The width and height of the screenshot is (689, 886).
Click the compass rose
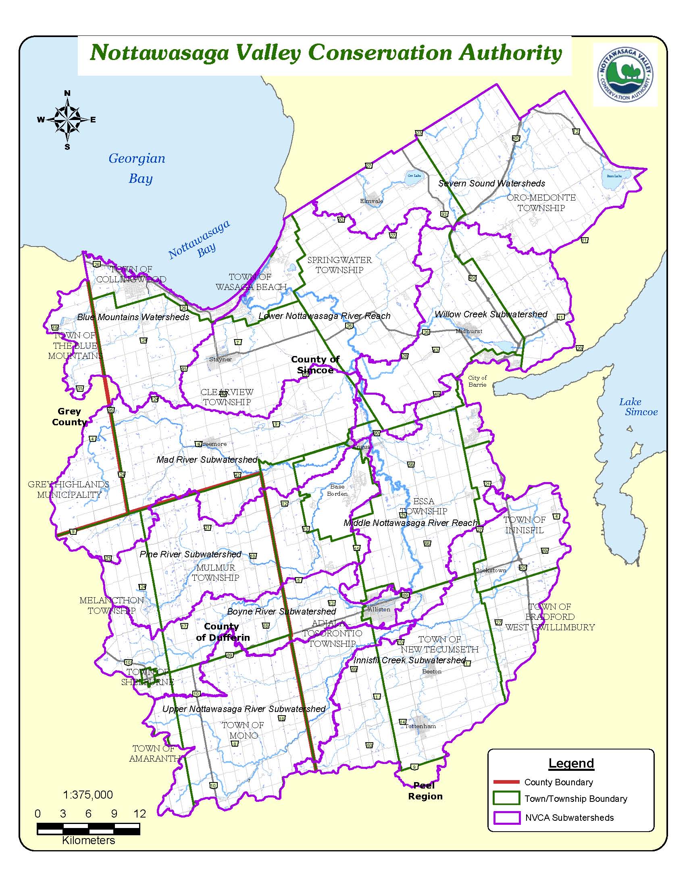point(67,120)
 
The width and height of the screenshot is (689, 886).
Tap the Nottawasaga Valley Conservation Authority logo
point(625,75)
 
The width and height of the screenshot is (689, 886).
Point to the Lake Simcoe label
point(637,407)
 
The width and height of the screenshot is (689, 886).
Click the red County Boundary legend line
point(506,782)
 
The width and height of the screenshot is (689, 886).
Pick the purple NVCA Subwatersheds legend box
point(506,818)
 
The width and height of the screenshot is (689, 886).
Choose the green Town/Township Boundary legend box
point(506,798)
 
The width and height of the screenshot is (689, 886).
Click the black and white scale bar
point(89,829)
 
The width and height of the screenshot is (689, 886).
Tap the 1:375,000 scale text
point(88,795)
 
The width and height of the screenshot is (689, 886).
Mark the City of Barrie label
point(477,381)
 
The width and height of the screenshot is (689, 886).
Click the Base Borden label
point(337,490)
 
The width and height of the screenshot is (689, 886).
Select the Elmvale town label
point(371,201)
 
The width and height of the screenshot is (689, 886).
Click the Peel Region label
point(425,791)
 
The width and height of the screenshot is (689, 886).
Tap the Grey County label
point(69,417)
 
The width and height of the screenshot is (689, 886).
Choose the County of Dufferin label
point(222,632)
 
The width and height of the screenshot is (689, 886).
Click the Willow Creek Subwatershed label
point(491,315)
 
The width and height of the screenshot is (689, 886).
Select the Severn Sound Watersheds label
point(492,183)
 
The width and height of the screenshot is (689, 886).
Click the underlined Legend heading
point(571,763)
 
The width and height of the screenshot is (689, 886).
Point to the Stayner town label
point(221,359)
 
